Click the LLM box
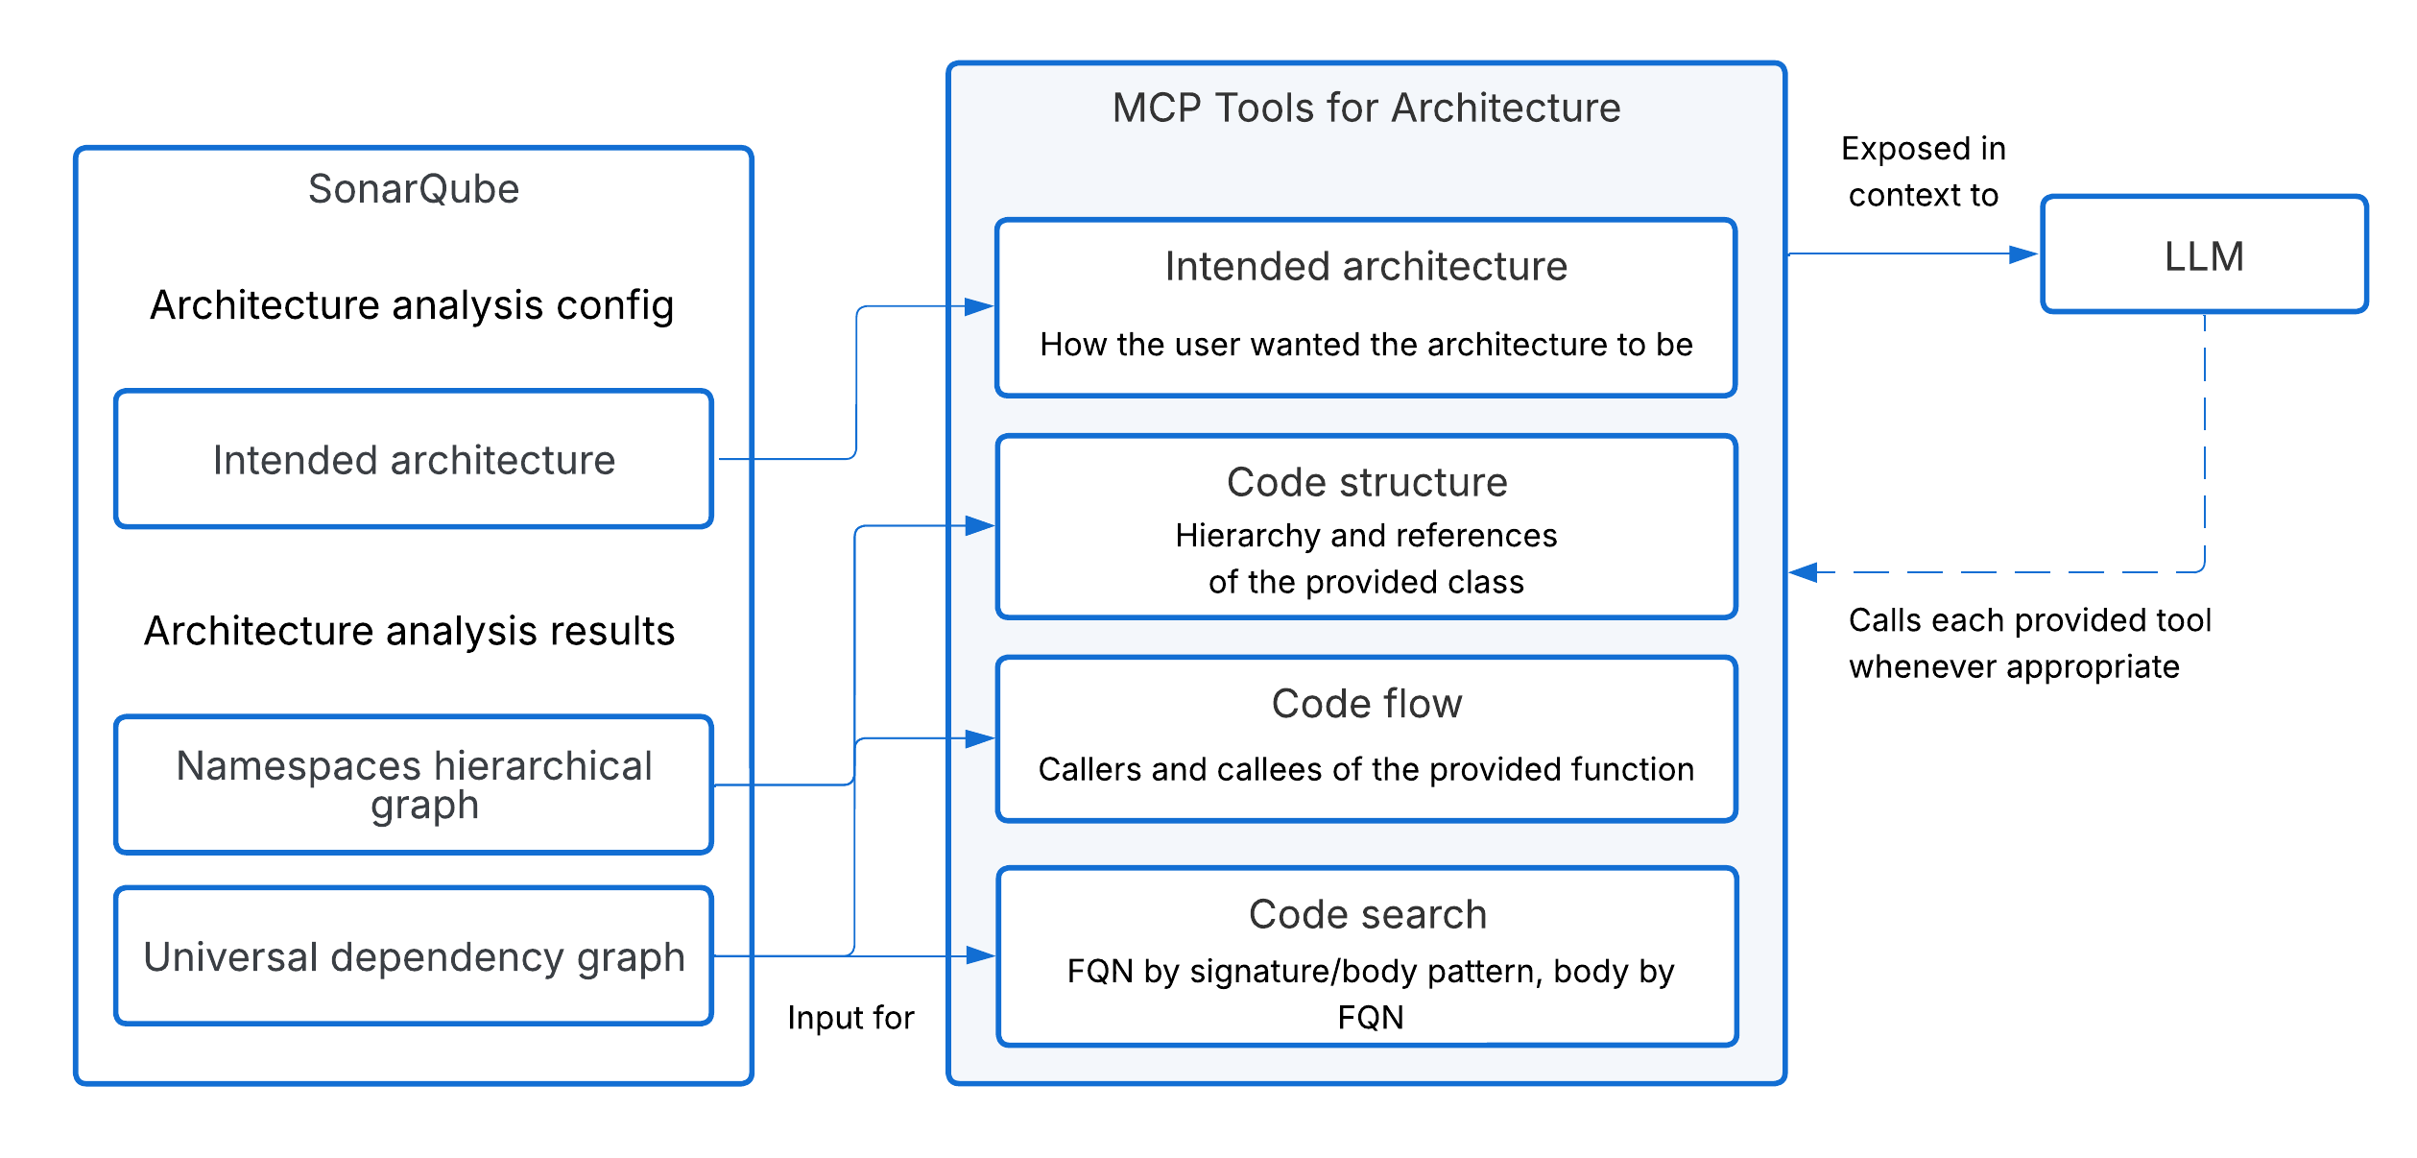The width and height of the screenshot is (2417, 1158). coord(2204,255)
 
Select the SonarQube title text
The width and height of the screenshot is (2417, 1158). coord(413,189)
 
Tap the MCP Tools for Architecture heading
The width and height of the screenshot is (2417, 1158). coord(1366,108)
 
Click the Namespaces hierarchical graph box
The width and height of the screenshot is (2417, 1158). coord(414,784)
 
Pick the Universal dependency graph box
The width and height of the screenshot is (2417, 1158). coord(414,956)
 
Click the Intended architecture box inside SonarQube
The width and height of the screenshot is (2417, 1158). coord(414,460)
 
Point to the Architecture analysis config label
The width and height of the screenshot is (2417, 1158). coord(412,305)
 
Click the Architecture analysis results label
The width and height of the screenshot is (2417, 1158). coord(410,631)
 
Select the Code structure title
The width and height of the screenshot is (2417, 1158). coord(1367,482)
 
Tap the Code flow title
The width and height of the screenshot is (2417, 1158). coord(1367,704)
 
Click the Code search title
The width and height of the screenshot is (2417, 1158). coord(1368,914)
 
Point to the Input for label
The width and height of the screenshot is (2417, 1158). coord(850,1018)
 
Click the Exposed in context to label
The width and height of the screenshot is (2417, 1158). coord(1924,172)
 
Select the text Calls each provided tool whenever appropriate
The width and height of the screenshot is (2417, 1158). coord(2029,643)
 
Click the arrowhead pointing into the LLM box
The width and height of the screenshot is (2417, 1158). coord(2022,254)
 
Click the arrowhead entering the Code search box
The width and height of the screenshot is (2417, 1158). coord(980,955)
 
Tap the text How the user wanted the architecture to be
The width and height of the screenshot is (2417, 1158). coord(1366,345)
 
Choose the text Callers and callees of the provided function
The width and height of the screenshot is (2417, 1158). coord(1366,769)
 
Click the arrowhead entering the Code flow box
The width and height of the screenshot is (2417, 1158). coord(979,738)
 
